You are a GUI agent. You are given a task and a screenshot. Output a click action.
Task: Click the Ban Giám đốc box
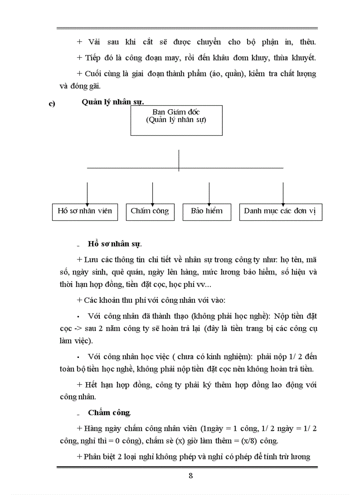coord(176,120)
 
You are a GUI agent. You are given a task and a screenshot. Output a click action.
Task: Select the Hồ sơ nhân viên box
coord(85,211)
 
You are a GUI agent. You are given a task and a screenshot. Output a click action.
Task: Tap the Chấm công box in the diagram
coord(150,211)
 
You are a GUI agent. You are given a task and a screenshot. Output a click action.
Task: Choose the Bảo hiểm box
coord(206,211)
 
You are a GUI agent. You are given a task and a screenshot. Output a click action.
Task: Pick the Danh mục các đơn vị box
coord(280,211)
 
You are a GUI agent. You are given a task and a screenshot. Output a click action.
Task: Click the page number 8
coord(190,476)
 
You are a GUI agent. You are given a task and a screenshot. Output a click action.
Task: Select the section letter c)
coord(51,104)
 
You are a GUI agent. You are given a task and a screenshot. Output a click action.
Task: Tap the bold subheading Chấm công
coord(109,413)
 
